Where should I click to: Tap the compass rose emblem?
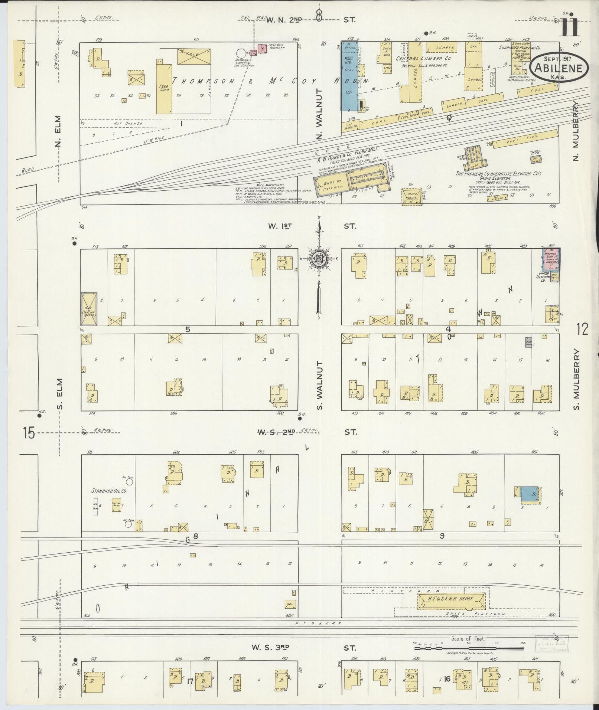coord(319,259)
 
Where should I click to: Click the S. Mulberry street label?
coord(576,379)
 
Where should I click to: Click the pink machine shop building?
coord(551,259)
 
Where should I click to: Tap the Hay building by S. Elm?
coord(89,310)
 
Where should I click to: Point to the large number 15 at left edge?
coord(29,433)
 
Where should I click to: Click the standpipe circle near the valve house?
coord(241,53)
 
